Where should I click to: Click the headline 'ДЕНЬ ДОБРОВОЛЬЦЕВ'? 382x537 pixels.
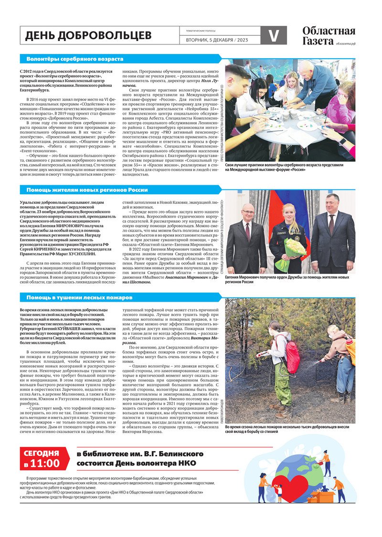coord(88,36)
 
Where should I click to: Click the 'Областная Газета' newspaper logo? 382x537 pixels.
coord(329,36)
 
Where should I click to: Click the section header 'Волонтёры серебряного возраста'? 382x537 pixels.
coord(74,59)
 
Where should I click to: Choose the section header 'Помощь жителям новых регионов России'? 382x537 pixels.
coord(87,190)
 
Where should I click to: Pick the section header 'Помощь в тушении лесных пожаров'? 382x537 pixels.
coord(79,297)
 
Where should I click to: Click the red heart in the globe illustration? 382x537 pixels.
coord(290,487)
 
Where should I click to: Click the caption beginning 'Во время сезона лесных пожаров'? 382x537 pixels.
coord(290,429)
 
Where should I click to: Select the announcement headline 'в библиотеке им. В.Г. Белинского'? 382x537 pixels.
coord(140,453)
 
